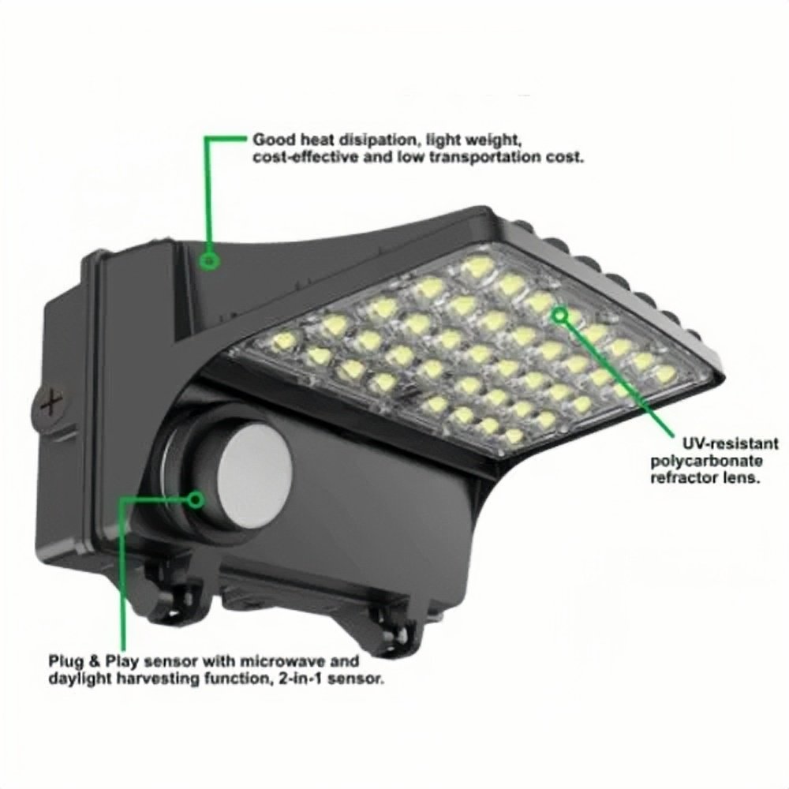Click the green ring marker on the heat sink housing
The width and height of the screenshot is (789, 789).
(209, 260)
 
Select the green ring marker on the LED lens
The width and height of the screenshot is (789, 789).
(559, 315)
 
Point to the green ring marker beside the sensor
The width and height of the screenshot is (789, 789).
(195, 499)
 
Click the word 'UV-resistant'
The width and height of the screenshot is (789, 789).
(730, 444)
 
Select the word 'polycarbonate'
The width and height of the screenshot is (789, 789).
(706, 461)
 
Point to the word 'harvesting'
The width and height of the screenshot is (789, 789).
(157, 679)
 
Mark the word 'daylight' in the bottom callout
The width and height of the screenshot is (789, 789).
(80, 679)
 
